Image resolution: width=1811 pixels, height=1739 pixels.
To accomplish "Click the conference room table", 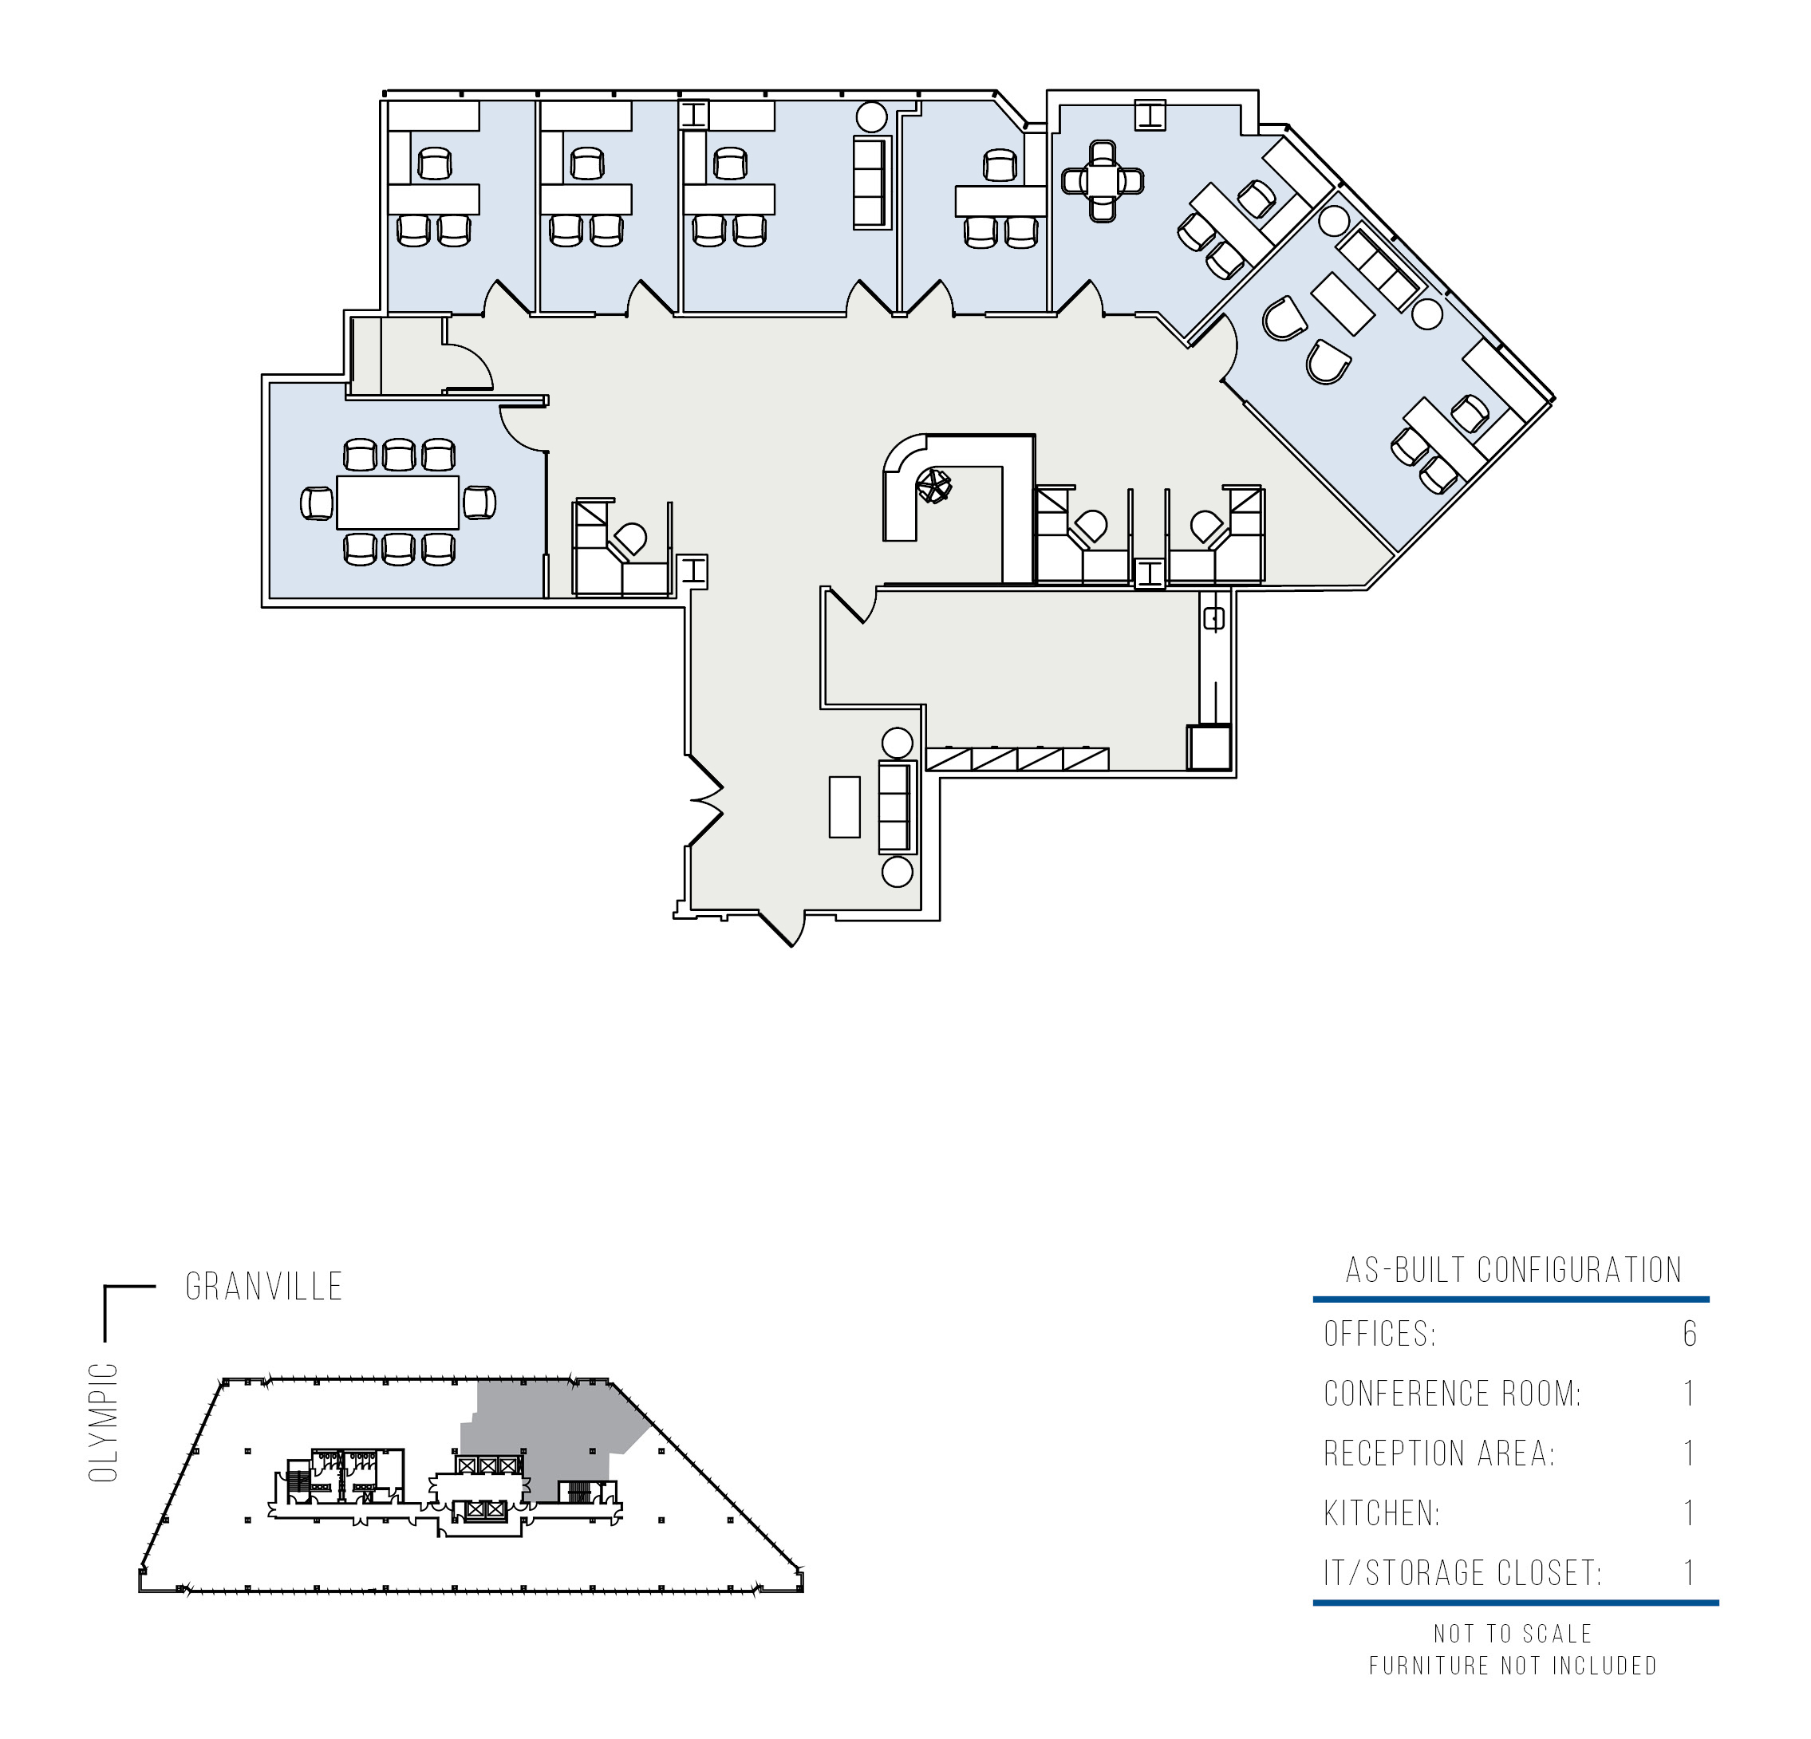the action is (x=398, y=503).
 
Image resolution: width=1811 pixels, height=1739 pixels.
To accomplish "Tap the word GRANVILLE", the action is (x=264, y=1287).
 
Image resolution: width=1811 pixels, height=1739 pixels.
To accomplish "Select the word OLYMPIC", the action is (x=104, y=1422).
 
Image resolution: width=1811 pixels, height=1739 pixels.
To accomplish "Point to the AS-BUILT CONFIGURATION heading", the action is (x=1513, y=1271).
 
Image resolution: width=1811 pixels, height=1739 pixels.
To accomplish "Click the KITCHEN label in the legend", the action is (x=1381, y=1513).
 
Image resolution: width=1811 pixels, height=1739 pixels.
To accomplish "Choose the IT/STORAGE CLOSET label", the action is (x=1462, y=1572).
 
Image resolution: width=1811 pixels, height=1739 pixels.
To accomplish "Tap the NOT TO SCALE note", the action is (x=1513, y=1634).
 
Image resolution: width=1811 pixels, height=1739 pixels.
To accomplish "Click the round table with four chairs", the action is (x=1103, y=180).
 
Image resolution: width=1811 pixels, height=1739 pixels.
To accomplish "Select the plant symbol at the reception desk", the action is (x=933, y=485).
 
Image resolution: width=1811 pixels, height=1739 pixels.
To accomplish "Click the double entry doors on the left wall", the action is (x=705, y=800).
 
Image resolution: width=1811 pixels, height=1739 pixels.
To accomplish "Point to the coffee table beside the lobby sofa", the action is (x=845, y=806).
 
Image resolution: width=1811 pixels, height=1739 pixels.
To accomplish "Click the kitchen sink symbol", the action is (x=1214, y=619).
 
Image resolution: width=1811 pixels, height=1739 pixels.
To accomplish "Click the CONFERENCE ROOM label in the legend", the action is (x=1453, y=1394).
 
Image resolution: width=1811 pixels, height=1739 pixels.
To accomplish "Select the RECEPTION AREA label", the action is (x=1439, y=1453).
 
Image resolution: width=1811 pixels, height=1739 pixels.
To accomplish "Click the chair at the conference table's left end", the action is (x=317, y=503).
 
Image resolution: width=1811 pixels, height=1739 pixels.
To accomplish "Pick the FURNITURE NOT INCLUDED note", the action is (x=1513, y=1666).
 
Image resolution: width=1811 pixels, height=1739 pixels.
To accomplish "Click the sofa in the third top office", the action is (x=870, y=182).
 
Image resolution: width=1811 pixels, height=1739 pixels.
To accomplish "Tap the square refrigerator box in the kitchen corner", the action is (x=1209, y=747).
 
